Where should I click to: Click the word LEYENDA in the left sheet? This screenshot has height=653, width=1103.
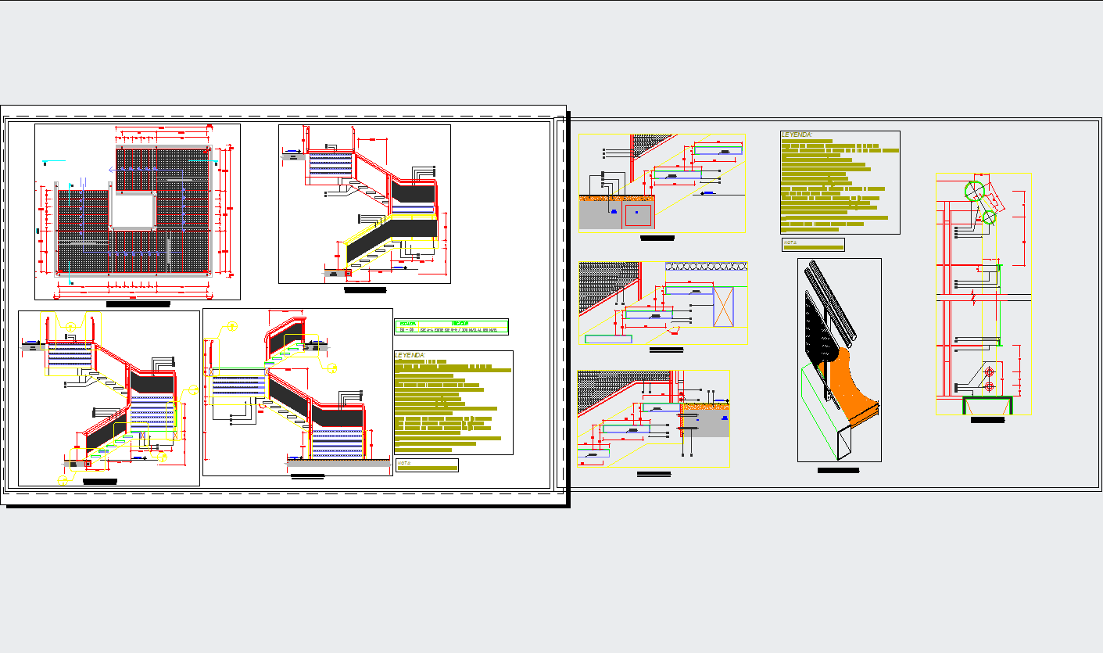410,355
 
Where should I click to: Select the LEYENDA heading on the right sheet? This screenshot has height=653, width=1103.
797,135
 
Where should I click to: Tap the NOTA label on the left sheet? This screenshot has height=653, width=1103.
403,462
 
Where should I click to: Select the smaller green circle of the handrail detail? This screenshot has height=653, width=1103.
989,217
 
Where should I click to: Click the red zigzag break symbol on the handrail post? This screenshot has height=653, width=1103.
972,297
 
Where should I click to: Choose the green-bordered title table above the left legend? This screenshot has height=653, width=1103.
451,326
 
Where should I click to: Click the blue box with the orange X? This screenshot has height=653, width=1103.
725,307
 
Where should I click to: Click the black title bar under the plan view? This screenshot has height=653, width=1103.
138,303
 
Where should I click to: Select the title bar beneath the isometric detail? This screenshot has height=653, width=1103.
838,471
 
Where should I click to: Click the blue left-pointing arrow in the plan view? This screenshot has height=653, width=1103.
113,169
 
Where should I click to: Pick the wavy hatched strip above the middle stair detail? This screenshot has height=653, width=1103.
705,267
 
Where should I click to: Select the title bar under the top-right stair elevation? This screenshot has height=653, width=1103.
365,290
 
